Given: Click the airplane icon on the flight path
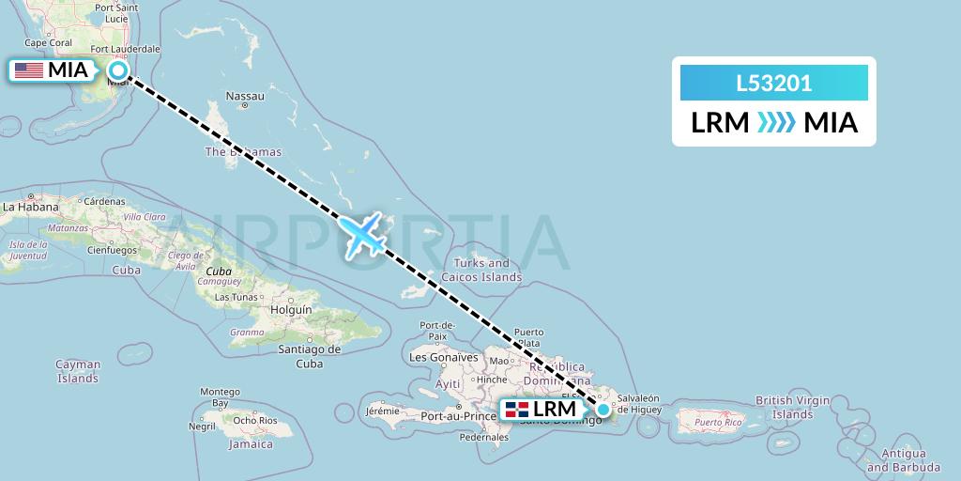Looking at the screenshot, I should tap(363, 234).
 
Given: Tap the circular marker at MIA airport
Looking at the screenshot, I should tap(119, 70).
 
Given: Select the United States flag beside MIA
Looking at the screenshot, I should tap(28, 70).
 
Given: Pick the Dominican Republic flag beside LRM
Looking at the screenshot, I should tap(516, 410).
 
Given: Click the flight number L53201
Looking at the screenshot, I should tap(774, 84).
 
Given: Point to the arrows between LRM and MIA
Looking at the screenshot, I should tap(775, 122).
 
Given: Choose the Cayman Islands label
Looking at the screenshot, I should tap(78, 371).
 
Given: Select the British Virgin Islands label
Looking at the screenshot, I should tap(793, 407).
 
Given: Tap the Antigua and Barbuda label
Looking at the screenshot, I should tap(903, 459).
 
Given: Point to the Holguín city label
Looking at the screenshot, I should tap(290, 308).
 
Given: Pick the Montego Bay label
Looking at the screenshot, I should tap(221, 396).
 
